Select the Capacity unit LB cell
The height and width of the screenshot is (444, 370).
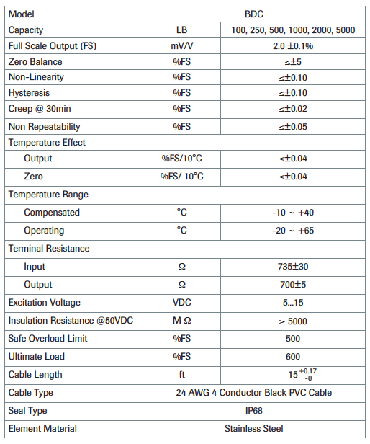click(181, 30)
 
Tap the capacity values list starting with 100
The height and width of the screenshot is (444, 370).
click(292, 30)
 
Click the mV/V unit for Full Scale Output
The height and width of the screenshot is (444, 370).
click(181, 46)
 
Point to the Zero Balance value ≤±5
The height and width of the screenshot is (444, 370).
click(292, 62)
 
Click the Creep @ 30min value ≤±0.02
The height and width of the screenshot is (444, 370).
click(292, 109)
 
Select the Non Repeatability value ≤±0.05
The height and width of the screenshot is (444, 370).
click(292, 126)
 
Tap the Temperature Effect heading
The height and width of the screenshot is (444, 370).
click(47, 143)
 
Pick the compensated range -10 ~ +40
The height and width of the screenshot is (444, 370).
click(292, 213)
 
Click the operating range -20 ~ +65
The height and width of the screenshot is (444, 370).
click(292, 231)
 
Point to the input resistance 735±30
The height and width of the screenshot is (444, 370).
click(292, 267)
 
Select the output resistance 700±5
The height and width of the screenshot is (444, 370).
click(292, 285)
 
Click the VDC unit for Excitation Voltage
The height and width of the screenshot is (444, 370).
click(181, 303)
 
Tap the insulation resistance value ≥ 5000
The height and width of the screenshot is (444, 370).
click(292, 321)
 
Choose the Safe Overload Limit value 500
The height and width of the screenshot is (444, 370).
click(292, 339)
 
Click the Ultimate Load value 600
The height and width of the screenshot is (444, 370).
click(292, 357)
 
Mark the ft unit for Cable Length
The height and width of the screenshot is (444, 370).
click(181, 375)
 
